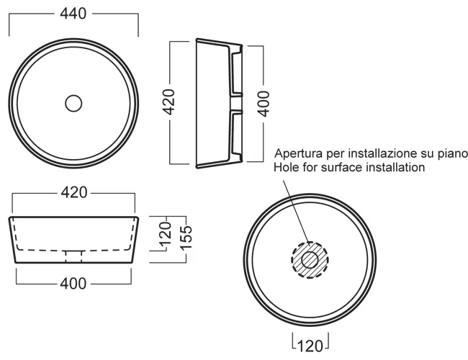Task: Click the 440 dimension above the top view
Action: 73,14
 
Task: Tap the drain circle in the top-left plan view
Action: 73,103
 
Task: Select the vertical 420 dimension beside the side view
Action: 168,102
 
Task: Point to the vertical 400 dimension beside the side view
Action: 264,104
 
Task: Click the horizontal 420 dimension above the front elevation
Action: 74,192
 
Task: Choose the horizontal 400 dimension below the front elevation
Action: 73,283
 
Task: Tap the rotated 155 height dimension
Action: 186,238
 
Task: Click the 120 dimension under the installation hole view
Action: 310,346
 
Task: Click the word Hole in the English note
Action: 287,167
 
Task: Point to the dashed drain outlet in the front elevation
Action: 73,256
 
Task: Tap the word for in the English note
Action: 310,167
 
